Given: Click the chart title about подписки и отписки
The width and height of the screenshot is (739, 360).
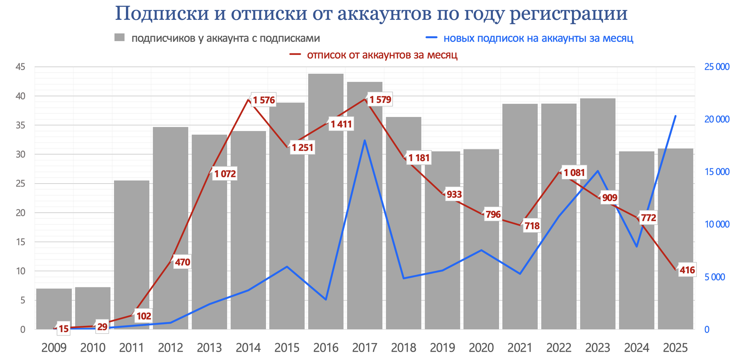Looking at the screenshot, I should click(371, 14).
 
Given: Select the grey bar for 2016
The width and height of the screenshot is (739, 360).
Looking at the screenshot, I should click(326, 202).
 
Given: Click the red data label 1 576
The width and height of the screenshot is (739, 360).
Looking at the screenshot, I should click(264, 100).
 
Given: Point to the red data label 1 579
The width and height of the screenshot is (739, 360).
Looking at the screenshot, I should click(380, 99).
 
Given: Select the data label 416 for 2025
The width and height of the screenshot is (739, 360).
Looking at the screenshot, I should click(687, 270).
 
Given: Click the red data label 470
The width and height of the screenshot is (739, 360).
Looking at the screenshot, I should click(182, 262).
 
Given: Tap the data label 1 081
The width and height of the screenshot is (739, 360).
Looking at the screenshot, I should click(574, 173).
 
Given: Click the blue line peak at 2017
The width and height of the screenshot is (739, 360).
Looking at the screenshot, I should click(365, 140).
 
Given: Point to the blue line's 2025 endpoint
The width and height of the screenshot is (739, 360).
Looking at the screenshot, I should click(675, 116).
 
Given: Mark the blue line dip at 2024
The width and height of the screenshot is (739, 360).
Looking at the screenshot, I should click(637, 247).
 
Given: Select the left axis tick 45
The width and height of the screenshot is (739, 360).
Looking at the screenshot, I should click(20, 67).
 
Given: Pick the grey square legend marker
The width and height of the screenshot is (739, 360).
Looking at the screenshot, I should click(119, 38).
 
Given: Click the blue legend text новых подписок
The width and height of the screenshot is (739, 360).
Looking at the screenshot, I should click(538, 38).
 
